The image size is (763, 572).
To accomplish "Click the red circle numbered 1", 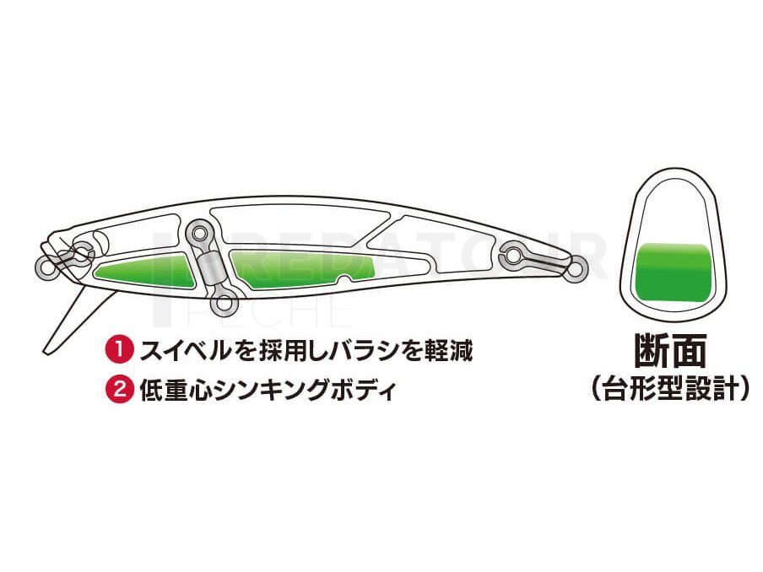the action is pyautogui.click(x=119, y=350).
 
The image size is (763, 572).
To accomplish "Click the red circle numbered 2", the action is pyautogui.click(x=119, y=389).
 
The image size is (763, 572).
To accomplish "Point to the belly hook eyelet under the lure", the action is pyautogui.click(x=223, y=304).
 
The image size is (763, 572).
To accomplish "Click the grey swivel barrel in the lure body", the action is pyautogui.click(x=209, y=269).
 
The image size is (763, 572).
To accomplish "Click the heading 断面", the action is pyautogui.click(x=670, y=350).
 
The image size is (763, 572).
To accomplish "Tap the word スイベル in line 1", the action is pyautogui.click(x=185, y=350).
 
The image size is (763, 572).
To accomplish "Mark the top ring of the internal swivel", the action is pyautogui.click(x=198, y=233).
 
